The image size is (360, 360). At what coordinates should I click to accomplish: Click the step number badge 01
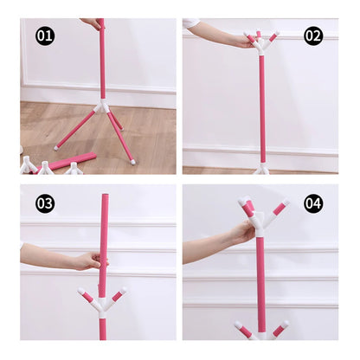click(45, 36)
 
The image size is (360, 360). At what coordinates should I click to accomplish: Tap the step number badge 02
click(313, 36)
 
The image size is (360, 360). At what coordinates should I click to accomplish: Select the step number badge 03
click(45, 203)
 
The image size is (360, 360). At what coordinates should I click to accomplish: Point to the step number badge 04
click(313, 203)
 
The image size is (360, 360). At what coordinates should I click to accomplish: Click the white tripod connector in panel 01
click(102, 106)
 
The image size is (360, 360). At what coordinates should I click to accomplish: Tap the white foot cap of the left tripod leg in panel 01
click(56, 148)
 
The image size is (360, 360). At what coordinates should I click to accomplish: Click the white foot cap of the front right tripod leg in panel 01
click(133, 163)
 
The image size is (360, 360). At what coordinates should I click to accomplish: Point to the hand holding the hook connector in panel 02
click(245, 42)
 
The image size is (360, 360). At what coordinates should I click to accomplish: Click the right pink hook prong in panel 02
click(273, 36)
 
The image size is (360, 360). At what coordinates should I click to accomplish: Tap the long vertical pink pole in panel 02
click(262, 109)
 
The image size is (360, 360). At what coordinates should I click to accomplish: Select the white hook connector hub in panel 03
click(102, 305)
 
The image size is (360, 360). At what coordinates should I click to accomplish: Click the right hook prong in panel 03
click(119, 295)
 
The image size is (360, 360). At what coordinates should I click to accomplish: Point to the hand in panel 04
click(244, 232)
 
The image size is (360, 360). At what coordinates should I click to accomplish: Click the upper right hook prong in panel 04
click(280, 208)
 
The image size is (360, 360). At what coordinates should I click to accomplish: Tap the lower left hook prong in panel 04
click(243, 328)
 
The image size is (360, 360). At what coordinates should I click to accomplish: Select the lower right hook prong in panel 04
click(280, 328)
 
